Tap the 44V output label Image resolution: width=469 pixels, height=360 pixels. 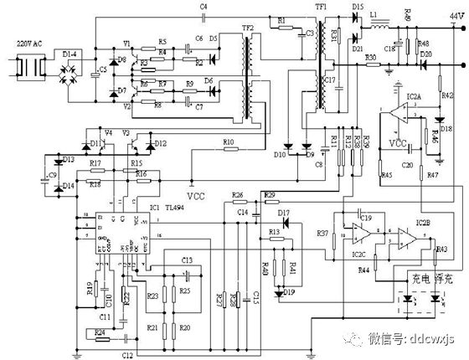[x=453, y=15]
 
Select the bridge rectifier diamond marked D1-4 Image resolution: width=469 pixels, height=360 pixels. [x=73, y=65]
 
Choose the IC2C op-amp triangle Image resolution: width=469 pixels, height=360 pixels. [x=357, y=237]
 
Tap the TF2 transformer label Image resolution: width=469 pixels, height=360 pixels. [x=248, y=28]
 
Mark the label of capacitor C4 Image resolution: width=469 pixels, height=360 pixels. [x=204, y=7]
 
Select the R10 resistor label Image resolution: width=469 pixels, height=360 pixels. [x=229, y=142]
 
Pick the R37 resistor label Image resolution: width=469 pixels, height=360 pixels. [x=322, y=233]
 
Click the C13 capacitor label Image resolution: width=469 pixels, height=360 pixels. [x=186, y=260]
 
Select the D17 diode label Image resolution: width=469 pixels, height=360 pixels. [x=283, y=213]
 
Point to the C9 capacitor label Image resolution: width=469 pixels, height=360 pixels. [x=52, y=175]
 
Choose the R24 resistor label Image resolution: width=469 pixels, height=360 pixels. [x=100, y=332]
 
